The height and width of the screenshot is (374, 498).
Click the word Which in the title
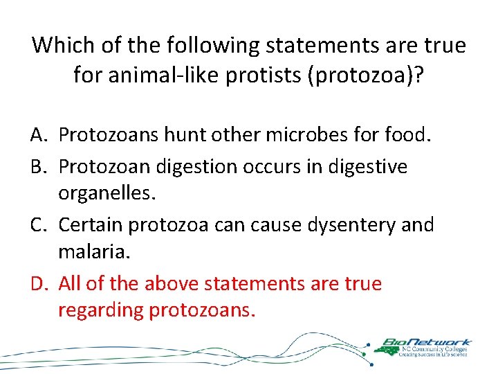(x=63, y=46)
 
